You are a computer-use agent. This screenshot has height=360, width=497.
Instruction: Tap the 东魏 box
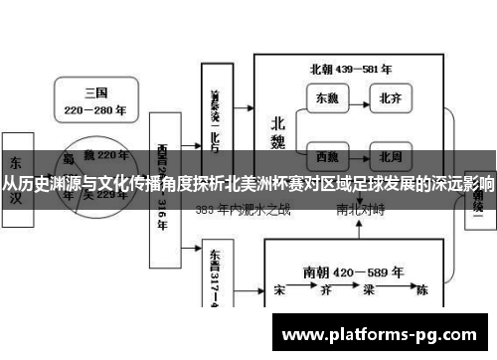[x=326, y=98]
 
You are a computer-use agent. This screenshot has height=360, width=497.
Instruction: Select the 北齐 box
[x=389, y=98]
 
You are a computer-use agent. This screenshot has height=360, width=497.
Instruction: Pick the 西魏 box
[x=326, y=156]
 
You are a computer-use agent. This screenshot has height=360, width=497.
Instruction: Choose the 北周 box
[x=389, y=156]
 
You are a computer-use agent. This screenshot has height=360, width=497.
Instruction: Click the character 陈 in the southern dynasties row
[x=421, y=291]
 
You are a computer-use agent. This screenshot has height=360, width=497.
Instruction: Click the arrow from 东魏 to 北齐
[x=357, y=98]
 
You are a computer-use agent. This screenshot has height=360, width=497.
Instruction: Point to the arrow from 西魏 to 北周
[x=357, y=156]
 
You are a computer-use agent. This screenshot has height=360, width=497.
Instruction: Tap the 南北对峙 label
[x=361, y=210]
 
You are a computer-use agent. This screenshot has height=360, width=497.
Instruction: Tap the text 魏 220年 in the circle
[x=103, y=156]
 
